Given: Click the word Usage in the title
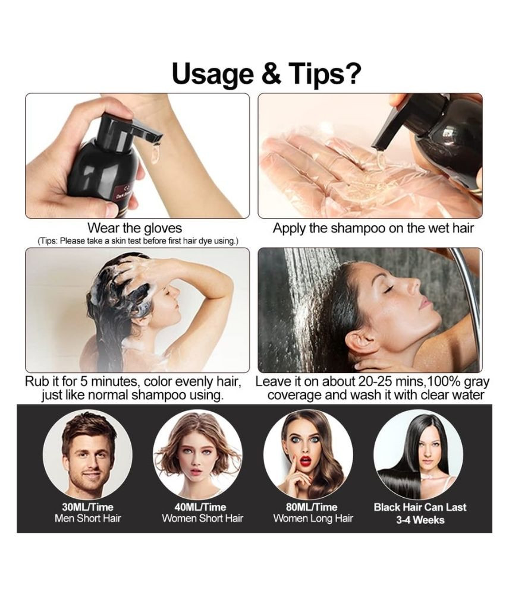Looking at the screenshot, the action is tap(213, 74).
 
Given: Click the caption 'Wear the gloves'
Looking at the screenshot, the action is tap(134, 228).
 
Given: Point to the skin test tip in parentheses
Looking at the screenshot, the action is tap(138, 241).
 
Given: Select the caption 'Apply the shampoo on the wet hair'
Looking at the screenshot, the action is tap(373, 229).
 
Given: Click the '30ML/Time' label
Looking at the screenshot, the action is tap(87, 507).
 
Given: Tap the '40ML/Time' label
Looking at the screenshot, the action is tap(200, 507).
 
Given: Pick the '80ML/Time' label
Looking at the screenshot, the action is tap(312, 507).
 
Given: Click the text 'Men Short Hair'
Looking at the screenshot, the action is tap(87, 518).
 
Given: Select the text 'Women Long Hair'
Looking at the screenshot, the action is tap(313, 518).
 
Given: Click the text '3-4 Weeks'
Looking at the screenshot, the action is tap(420, 520).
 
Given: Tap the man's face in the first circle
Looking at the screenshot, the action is tap(89, 459).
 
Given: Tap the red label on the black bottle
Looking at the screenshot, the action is tap(124, 191).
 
